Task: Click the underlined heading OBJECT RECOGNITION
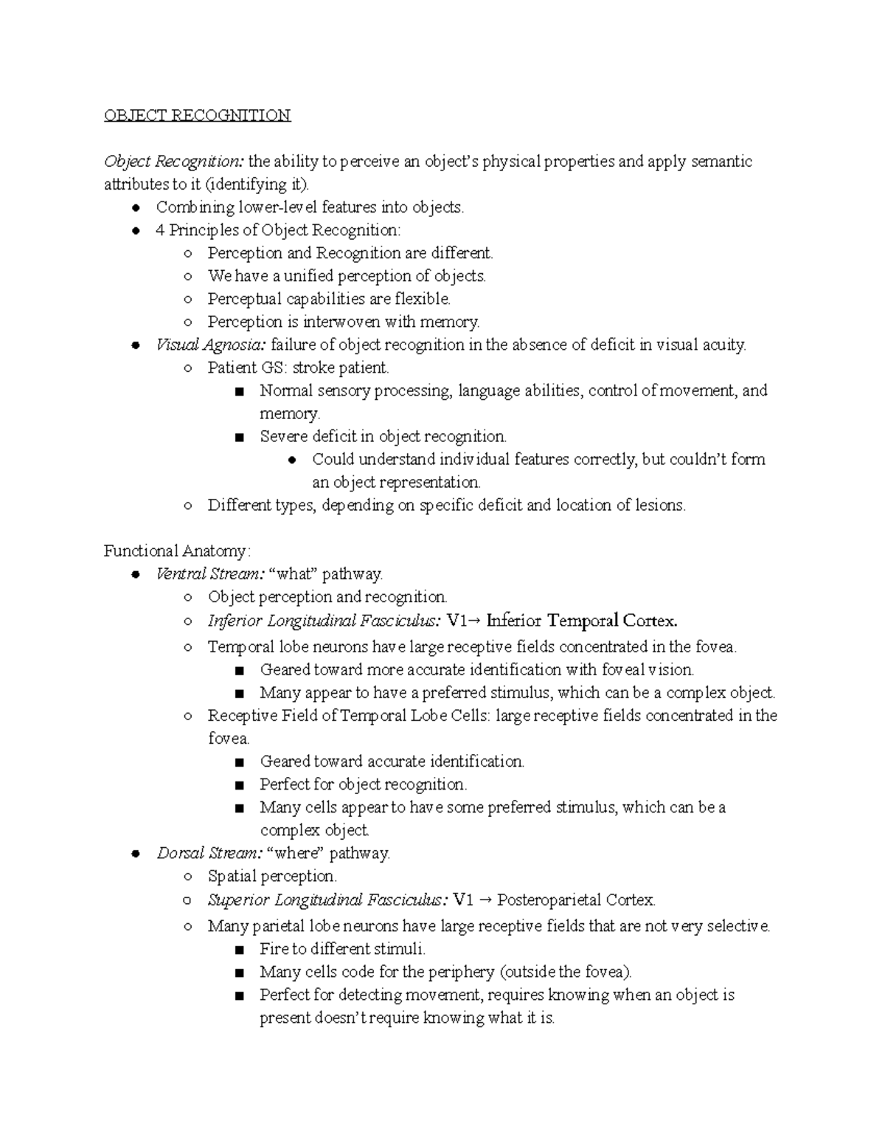[197, 115]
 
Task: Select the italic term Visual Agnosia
[210, 345]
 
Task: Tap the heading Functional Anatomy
[177, 550]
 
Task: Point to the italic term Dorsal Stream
[209, 853]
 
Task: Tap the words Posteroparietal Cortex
[576, 900]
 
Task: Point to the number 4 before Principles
[160, 230]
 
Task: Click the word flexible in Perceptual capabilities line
[422, 299]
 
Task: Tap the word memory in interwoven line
[449, 322]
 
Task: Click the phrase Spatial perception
[272, 876]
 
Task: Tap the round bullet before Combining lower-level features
[135, 207]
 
